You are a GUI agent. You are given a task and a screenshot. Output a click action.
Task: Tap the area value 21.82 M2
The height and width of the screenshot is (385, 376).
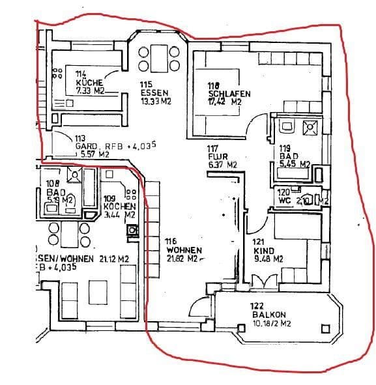pos(183,259)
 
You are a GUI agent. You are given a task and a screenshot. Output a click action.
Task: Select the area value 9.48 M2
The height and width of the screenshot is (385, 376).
pos(269,259)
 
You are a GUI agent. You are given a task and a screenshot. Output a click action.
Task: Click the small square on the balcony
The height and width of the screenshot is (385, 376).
pos(324,329)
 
